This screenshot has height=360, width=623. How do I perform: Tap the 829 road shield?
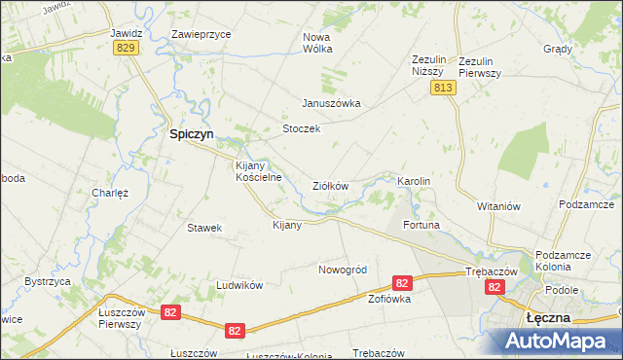(x=124, y=48)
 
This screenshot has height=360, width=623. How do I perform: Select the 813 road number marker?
(x=444, y=89)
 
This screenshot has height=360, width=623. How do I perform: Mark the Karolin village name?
(x=414, y=182)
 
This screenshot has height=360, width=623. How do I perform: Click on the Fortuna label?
(x=421, y=225)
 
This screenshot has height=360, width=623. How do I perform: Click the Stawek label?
(x=205, y=228)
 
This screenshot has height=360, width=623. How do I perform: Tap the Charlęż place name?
(x=110, y=193)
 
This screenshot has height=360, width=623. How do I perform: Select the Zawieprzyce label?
(x=201, y=33)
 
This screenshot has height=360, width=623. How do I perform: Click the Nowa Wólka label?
(x=317, y=42)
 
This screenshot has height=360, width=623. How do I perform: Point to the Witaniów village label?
(x=500, y=206)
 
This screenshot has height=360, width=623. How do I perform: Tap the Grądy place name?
(x=559, y=48)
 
